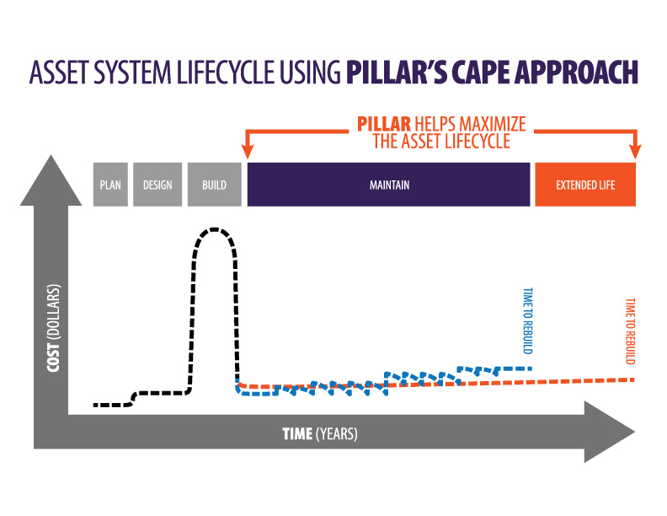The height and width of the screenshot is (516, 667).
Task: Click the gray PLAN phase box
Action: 110,185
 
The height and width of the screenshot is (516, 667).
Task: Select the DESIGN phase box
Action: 157,185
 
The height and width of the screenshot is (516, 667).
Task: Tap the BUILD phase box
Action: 214,185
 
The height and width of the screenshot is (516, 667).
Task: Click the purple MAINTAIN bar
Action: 388,185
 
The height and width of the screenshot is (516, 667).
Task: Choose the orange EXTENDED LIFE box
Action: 585,185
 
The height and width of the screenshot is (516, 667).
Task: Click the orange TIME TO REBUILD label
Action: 629,332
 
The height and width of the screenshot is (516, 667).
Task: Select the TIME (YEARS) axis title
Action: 319,434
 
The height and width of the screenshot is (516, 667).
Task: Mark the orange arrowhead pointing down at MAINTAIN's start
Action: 248,151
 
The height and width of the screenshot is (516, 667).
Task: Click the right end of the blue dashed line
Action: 531,368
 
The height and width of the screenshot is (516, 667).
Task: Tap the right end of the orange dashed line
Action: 632,379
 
